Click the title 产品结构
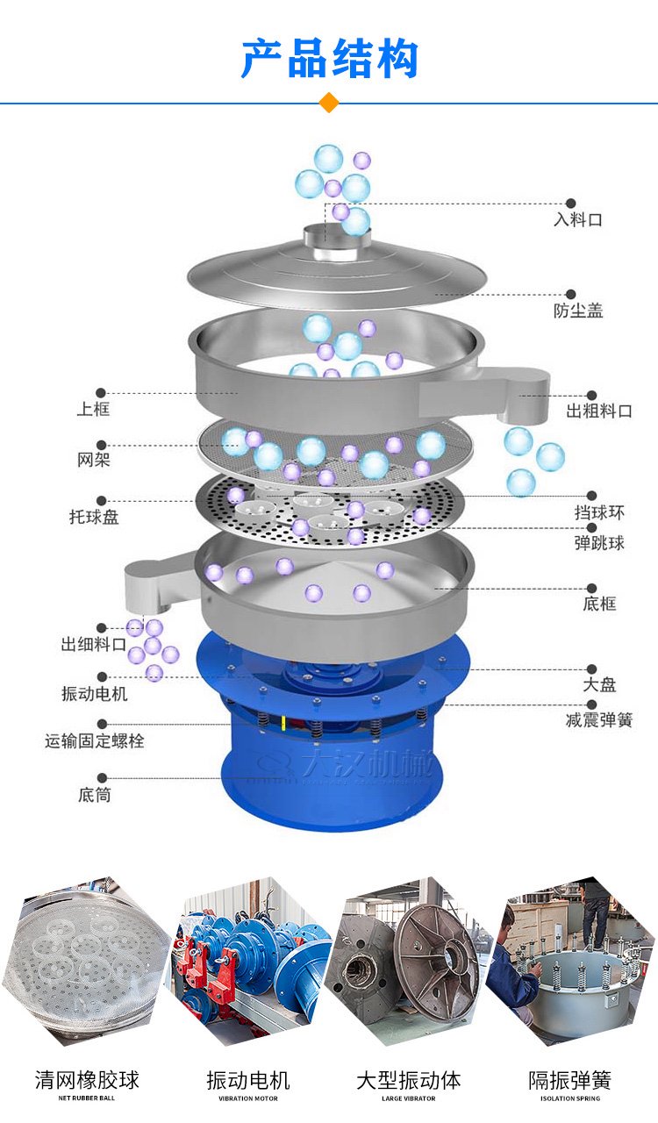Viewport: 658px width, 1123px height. coord(329,59)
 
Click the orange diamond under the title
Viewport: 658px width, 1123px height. coord(329,103)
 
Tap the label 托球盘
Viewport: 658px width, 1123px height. coord(94,517)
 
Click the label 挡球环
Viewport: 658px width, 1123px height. coord(599,512)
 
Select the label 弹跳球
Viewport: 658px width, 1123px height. coord(599,543)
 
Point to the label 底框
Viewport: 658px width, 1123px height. coord(599,604)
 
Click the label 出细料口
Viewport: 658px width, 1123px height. coord(94,645)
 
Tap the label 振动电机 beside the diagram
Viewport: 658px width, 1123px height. coord(94,694)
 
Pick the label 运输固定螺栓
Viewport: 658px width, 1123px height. coord(94,741)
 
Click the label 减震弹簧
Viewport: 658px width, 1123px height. coord(599,720)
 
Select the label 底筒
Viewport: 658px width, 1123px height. coord(94,796)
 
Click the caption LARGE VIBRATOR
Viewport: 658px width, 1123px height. coord(409,1098)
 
